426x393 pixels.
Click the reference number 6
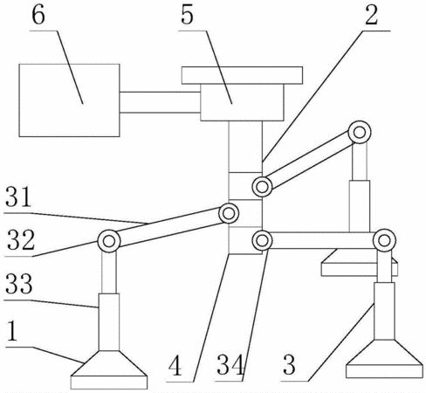pos(38,15)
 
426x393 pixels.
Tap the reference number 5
pos(187,15)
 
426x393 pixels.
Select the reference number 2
pos(371,15)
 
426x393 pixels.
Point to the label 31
pos(18,197)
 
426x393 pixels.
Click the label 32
pos(20,240)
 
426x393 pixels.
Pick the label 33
pos(18,283)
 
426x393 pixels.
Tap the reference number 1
pos(11,331)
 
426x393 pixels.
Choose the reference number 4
pos(175,366)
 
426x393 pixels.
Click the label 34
pos(230,365)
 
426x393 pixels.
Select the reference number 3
pos(289,365)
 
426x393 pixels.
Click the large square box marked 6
pos(69,100)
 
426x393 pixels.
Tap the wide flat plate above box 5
pos(242,75)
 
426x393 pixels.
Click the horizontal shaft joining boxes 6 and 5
pos(160,102)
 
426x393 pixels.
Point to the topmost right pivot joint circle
pos(360,132)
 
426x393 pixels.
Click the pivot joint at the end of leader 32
pos(109,241)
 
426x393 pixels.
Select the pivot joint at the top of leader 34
pos(262,240)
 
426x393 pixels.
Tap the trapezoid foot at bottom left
pos(109,369)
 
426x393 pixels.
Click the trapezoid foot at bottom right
pos(384,359)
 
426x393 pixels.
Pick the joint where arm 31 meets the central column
pos(229,213)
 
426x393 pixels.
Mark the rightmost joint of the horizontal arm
pos(384,240)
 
